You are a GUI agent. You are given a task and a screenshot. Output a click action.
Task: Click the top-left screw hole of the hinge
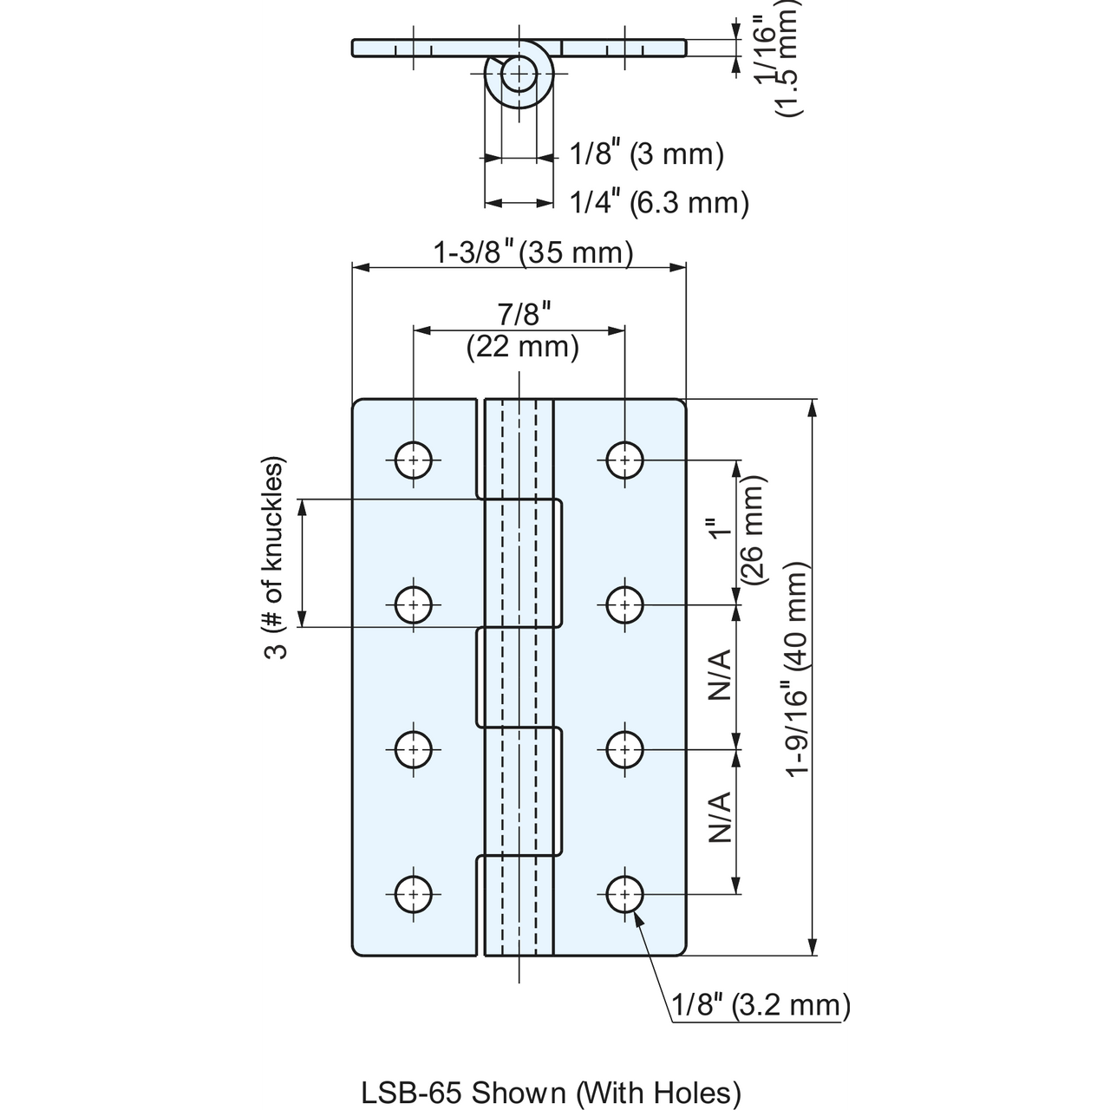414,460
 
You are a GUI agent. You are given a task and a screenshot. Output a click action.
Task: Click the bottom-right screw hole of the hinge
625,895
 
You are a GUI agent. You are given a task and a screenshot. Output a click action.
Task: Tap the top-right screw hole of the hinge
625,460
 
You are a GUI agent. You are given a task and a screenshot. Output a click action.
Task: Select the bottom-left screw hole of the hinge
414,895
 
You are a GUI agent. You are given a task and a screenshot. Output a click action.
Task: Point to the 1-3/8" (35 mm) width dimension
532,253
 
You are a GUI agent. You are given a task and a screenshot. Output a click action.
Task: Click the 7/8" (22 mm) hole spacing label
523,330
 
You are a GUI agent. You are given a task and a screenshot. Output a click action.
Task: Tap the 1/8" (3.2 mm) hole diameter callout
761,1005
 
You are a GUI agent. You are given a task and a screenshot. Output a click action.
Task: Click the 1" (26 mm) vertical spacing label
737,531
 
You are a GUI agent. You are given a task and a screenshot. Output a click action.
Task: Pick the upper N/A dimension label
720,675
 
